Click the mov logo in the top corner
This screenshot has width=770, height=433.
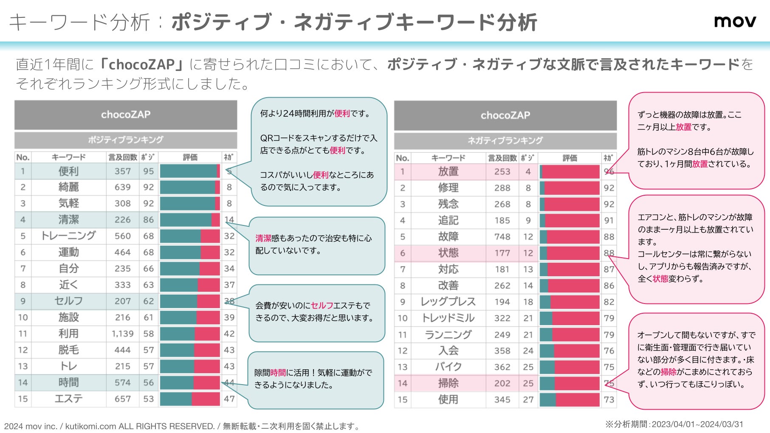click(735, 21)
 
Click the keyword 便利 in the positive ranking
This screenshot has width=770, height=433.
click(68, 171)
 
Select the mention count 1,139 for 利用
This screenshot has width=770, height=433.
click(122, 334)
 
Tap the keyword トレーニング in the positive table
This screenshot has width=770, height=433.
click(68, 236)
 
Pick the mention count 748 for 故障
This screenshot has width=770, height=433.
click(502, 236)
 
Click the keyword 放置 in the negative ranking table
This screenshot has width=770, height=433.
click(448, 172)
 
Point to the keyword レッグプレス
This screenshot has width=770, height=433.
click(448, 302)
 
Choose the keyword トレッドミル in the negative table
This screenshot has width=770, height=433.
click(448, 318)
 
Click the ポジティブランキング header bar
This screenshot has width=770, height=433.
click(126, 140)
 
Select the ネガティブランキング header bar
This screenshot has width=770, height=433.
click(505, 141)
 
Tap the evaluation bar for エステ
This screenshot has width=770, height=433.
click(190, 399)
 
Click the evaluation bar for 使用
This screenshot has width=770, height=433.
click(570, 399)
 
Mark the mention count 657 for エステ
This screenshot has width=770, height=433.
click(122, 399)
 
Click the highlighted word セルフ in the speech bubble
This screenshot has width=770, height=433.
click(322, 306)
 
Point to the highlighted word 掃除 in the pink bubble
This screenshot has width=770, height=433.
click(668, 372)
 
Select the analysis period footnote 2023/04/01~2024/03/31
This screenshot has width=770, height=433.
click(697, 424)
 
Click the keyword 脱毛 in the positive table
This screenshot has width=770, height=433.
click(68, 350)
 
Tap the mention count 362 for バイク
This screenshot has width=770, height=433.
click(502, 367)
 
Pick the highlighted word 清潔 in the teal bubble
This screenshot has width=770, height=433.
click(263, 239)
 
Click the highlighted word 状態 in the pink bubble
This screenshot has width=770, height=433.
click(660, 279)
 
